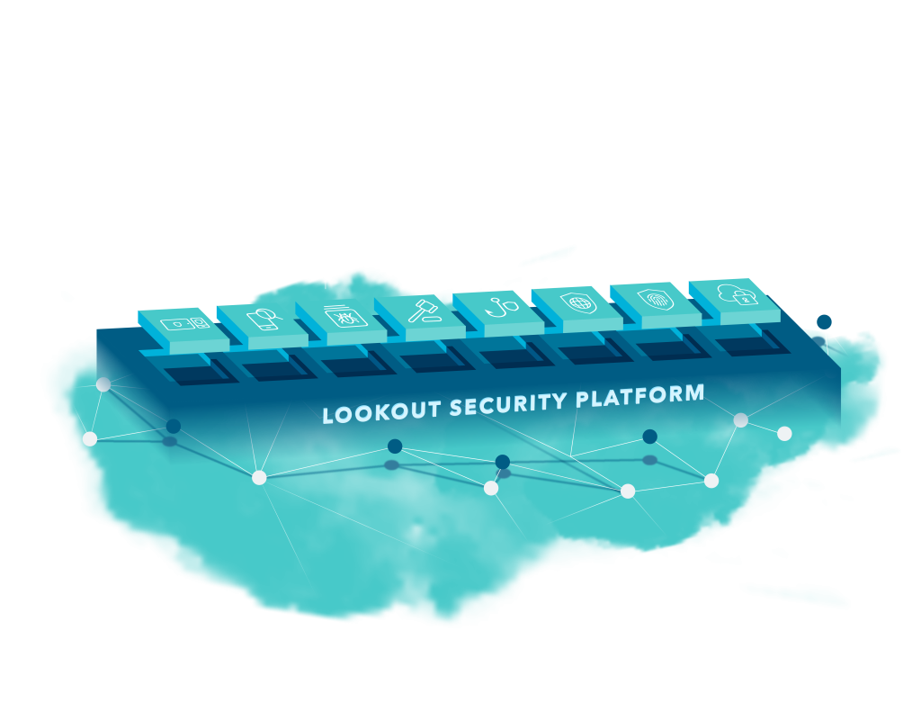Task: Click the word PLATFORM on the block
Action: click(x=644, y=396)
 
